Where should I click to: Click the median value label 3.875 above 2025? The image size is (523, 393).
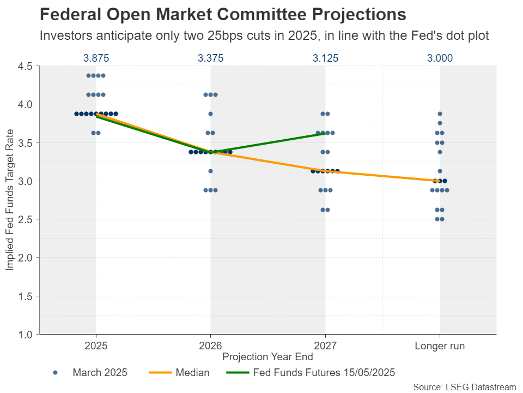[x=96, y=58]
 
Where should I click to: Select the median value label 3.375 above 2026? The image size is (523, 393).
[x=211, y=58]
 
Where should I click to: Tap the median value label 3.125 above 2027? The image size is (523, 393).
[x=325, y=58]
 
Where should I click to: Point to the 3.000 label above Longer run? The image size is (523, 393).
[x=440, y=58]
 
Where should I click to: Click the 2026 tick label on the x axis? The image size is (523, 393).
[x=211, y=346]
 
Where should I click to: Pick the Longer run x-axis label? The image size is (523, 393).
[x=440, y=346]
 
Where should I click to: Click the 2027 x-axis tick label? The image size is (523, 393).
[x=325, y=346]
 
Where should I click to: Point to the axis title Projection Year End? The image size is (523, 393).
[x=268, y=357]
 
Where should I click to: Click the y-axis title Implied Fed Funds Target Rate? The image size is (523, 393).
[x=10, y=200]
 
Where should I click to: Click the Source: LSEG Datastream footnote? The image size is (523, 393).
[x=464, y=387]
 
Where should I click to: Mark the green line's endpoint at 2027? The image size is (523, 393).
[x=325, y=133]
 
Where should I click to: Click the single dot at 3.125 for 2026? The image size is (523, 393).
[x=211, y=171]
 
